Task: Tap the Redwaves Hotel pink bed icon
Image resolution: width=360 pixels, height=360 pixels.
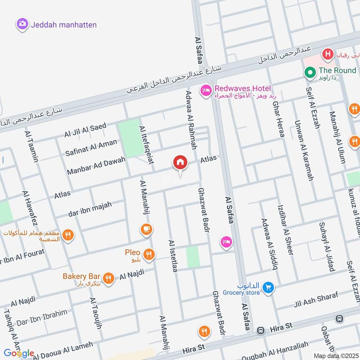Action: pos(206,90)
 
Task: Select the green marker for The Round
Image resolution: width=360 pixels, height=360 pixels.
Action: pos(310,72)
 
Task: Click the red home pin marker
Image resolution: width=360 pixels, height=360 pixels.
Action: pos(180,163)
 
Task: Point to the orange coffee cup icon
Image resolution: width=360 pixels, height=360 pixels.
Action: pos(146,229)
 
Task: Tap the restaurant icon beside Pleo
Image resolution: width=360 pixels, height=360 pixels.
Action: pos(149,254)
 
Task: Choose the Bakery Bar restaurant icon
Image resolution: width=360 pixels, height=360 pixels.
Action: pos(108,278)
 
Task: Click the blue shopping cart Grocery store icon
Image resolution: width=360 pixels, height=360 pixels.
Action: pos(269,287)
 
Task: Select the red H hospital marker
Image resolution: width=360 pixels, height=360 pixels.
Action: pos(328,55)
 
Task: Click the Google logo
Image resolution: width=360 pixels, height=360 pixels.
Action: pos(19,353)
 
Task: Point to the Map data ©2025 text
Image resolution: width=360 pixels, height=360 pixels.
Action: pos(335,355)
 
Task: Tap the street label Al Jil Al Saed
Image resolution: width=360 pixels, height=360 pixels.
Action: pos(85,130)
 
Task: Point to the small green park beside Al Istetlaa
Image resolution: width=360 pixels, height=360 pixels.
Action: pos(193,257)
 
